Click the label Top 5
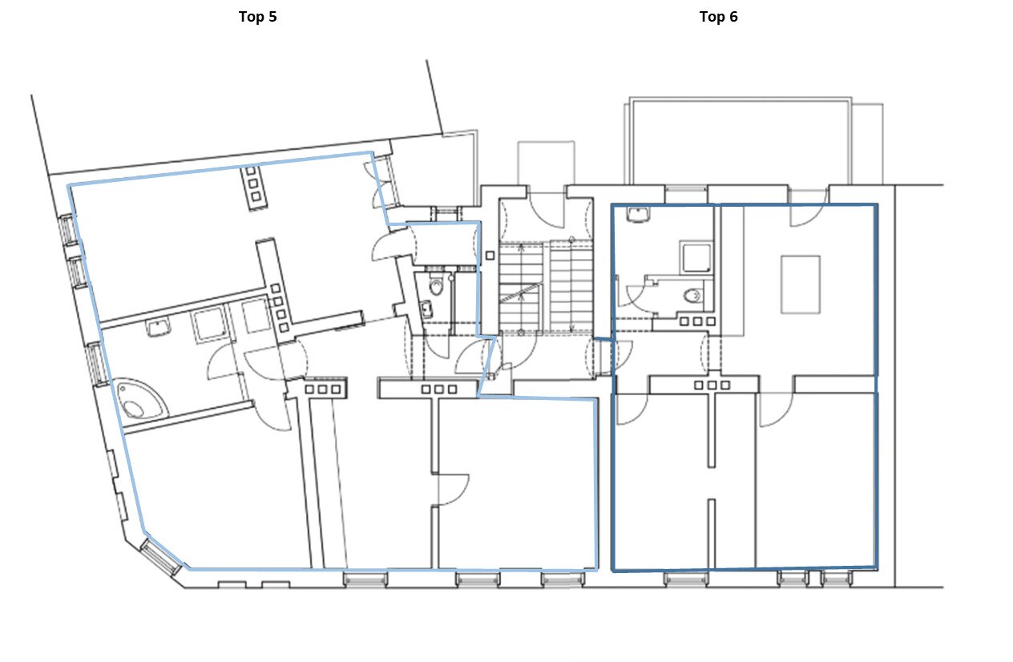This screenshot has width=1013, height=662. coord(257,17)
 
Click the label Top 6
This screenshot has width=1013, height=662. coord(718,17)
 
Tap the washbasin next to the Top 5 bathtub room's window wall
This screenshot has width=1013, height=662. coord(159,328)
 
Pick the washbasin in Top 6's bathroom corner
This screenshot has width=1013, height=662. coord(638,214)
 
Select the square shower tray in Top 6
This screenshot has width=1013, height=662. coord(696,257)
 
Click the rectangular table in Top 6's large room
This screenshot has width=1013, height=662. coord(801,285)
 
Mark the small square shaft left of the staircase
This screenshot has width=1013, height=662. coord(490,256)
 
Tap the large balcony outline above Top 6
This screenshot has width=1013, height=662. coord(741,140)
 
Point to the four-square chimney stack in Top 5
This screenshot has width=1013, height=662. coord(280,308)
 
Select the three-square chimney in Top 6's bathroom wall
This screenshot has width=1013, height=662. coord(697,321)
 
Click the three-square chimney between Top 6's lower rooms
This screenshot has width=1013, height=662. coord(712,385)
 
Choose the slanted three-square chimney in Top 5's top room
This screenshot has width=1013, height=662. coord(253,184)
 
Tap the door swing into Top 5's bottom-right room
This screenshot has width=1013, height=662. coord(453,490)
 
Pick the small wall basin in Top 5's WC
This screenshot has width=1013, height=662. coord(426,309)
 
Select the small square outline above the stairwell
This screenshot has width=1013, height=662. coord(546,163)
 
